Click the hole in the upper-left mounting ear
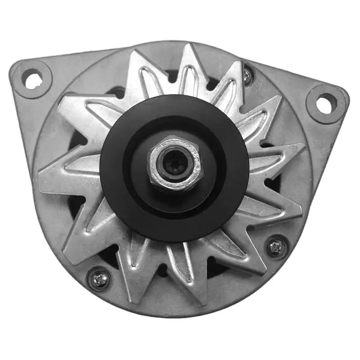[33, 79]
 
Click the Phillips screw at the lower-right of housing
[276, 246]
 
